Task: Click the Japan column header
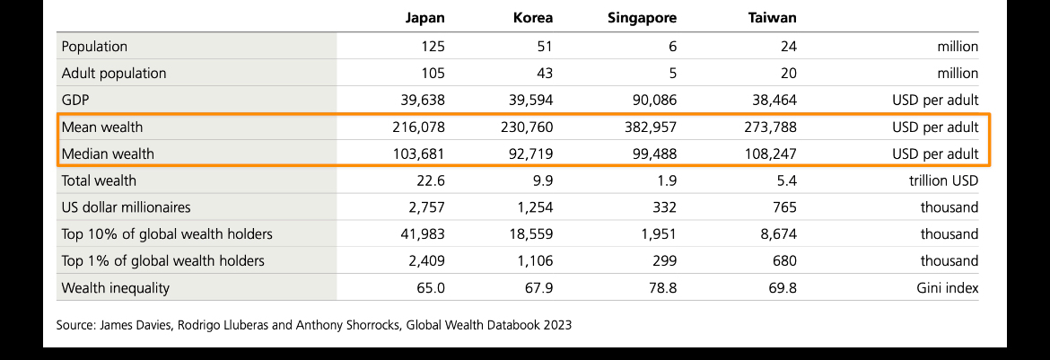point(424,17)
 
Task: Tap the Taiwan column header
point(771,17)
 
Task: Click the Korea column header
point(532,17)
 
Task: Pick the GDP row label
point(74,100)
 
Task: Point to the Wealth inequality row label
point(115,288)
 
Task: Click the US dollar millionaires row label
point(126,207)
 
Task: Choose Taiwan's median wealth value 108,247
point(766,154)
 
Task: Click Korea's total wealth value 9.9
point(542,180)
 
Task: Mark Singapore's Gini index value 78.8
point(662,288)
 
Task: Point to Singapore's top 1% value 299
point(664,261)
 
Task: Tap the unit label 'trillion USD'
point(942,180)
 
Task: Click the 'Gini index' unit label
point(949,288)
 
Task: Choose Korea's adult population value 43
point(544,73)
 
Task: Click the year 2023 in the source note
point(556,325)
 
